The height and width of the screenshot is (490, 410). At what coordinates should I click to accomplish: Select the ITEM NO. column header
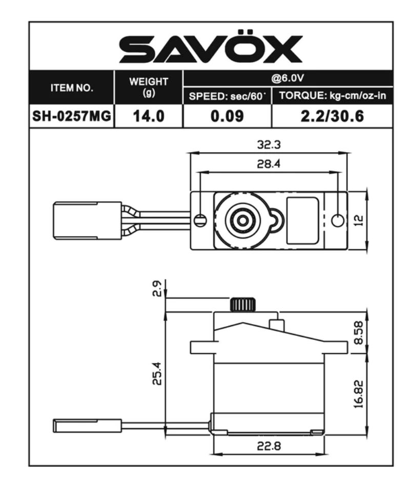[72, 88]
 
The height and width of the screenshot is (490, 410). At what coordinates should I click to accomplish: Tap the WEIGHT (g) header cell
[149, 87]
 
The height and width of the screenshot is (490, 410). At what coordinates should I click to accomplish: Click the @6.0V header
[288, 78]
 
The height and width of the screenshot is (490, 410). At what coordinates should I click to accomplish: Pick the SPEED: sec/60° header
[227, 96]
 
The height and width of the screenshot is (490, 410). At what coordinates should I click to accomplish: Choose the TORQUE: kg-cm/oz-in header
[333, 96]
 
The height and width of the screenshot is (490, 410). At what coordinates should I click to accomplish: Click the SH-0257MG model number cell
[72, 116]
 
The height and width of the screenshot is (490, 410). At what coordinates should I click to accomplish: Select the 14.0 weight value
[149, 116]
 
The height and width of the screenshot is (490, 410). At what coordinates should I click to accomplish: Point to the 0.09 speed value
[227, 116]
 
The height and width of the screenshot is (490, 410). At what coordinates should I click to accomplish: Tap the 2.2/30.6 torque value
[333, 116]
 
